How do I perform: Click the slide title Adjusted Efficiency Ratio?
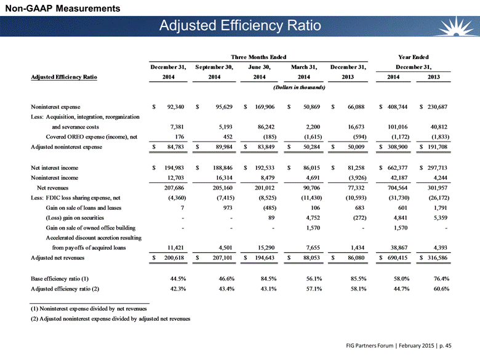tap(240, 25)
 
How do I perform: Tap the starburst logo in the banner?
tap(456, 26)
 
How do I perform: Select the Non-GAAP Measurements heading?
tap(63, 8)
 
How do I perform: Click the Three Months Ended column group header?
tap(258, 57)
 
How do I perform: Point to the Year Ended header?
tap(414, 57)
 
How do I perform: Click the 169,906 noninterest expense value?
tap(265, 107)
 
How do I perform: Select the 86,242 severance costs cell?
tap(266, 127)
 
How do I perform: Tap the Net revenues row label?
tap(53, 188)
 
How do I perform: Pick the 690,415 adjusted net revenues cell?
tap(398, 258)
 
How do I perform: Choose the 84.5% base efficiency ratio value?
tap(268, 279)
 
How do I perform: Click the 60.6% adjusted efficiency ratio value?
tap(441, 289)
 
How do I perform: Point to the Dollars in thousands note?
tap(299, 87)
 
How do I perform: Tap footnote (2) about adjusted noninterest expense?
tap(110, 319)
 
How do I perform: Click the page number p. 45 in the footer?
tap(445, 346)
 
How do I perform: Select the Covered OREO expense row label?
tap(92, 137)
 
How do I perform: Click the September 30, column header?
tap(214, 67)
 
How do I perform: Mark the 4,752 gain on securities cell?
tap(313, 218)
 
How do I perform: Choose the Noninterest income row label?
tap(55, 178)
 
